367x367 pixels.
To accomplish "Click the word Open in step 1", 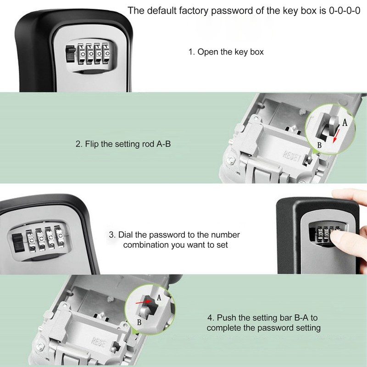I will click(x=207, y=52).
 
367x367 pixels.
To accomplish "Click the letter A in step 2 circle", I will click(x=345, y=123).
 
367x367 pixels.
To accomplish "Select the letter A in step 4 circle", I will click(x=159, y=298).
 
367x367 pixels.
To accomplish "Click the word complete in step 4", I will click(x=222, y=328).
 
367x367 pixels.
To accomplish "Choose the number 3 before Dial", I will click(x=111, y=235).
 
